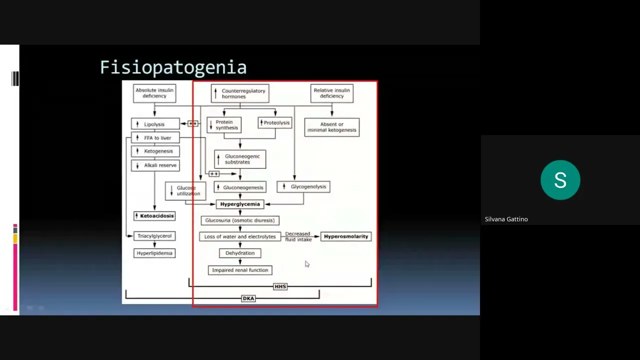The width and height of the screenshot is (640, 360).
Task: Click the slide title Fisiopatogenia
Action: coord(173,67)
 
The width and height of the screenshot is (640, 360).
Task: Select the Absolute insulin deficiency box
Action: coord(154,93)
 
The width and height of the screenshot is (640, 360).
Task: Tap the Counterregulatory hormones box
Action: coord(240,93)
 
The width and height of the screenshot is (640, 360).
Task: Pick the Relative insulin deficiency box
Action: coord(332,93)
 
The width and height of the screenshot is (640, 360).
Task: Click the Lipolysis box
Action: coord(155,124)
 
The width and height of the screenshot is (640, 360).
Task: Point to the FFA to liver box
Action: coord(155,138)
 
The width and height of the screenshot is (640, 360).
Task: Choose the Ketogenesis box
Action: coord(155,151)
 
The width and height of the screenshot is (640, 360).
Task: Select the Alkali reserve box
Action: coord(155,165)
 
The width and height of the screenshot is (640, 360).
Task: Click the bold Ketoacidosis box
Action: coord(154,216)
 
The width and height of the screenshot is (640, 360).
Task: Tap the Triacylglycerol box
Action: coord(154,236)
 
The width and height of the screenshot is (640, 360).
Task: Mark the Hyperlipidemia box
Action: coord(154,253)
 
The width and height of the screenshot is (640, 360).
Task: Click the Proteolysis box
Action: coord(275,123)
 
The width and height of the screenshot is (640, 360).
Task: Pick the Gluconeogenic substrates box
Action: coord(240,159)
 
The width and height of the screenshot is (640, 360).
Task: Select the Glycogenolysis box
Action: coord(303,187)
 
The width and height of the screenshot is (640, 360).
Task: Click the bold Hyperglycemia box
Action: coord(240,204)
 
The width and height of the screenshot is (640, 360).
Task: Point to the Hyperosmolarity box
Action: coord(346,236)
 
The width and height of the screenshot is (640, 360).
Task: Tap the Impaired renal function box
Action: coord(240,270)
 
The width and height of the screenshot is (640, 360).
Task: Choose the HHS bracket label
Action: coord(280,286)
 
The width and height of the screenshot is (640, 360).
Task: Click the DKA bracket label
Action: coord(248,298)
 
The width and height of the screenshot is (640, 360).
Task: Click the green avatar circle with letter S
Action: coord(560,180)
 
